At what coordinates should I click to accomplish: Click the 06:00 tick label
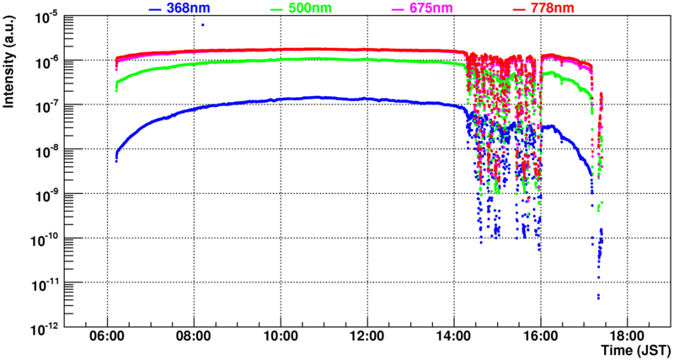coord(107,336)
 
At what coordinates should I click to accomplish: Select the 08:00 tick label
coord(194,336)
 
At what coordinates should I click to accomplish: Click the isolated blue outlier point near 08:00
coord(202,24)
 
